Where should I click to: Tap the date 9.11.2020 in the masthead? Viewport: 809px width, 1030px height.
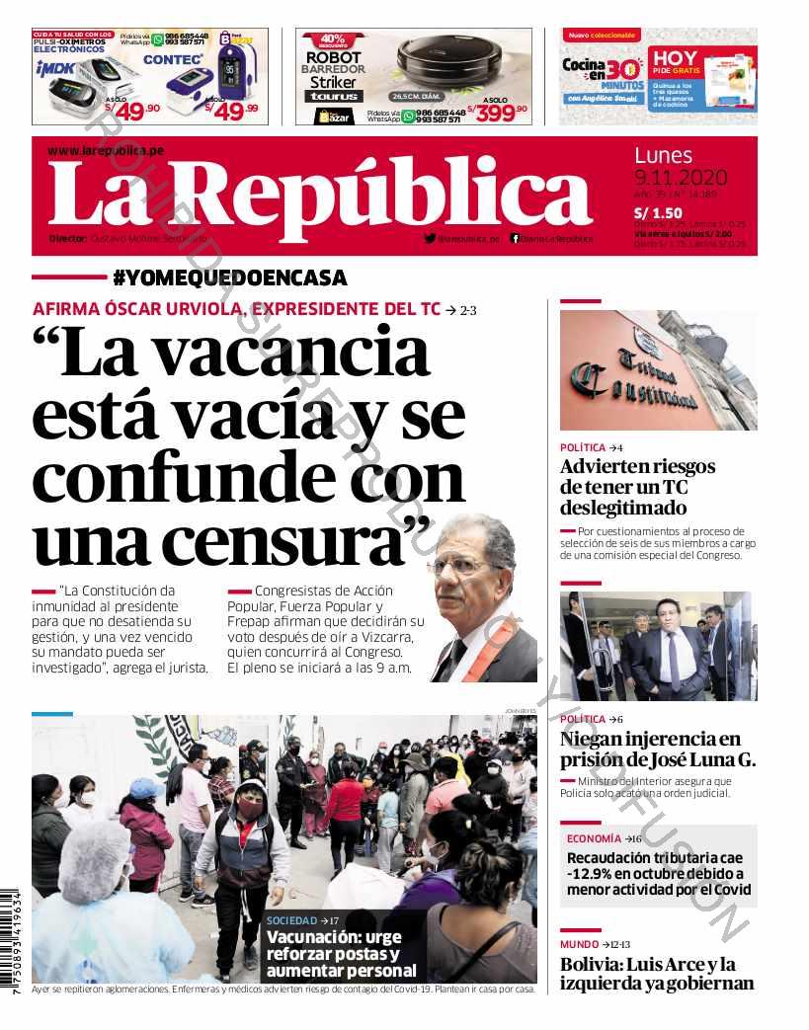pyautogui.click(x=680, y=178)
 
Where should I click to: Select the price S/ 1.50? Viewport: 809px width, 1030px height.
pyautogui.click(x=658, y=212)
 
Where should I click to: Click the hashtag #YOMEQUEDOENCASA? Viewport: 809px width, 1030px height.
pyautogui.click(x=229, y=278)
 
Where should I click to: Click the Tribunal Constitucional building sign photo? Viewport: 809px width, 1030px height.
pyautogui.click(x=658, y=370)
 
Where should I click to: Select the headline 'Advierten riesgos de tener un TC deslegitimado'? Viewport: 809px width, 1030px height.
pyautogui.click(x=637, y=487)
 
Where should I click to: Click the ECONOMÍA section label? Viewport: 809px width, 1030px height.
pyautogui.click(x=594, y=838)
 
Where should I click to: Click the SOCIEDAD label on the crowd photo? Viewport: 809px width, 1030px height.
pyautogui.click(x=292, y=920)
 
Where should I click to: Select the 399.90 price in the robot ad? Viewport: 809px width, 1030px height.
pyautogui.click(x=499, y=113)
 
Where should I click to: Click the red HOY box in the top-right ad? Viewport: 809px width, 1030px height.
pyautogui.click(x=675, y=63)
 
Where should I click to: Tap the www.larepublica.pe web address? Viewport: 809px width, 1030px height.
pyautogui.click(x=105, y=150)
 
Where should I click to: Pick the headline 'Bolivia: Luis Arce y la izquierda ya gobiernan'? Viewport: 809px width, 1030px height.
pyautogui.click(x=657, y=974)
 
